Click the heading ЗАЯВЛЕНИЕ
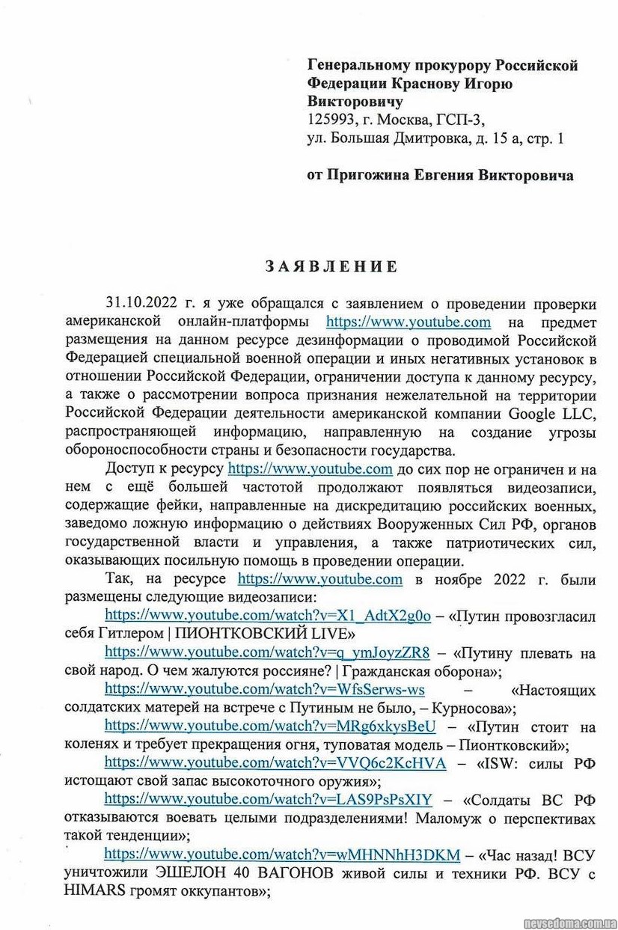(330, 267)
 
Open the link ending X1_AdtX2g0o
(268, 616)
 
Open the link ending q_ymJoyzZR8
(267, 652)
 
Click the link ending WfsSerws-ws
(265, 689)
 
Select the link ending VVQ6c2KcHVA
(275, 762)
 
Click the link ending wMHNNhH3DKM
(281, 854)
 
